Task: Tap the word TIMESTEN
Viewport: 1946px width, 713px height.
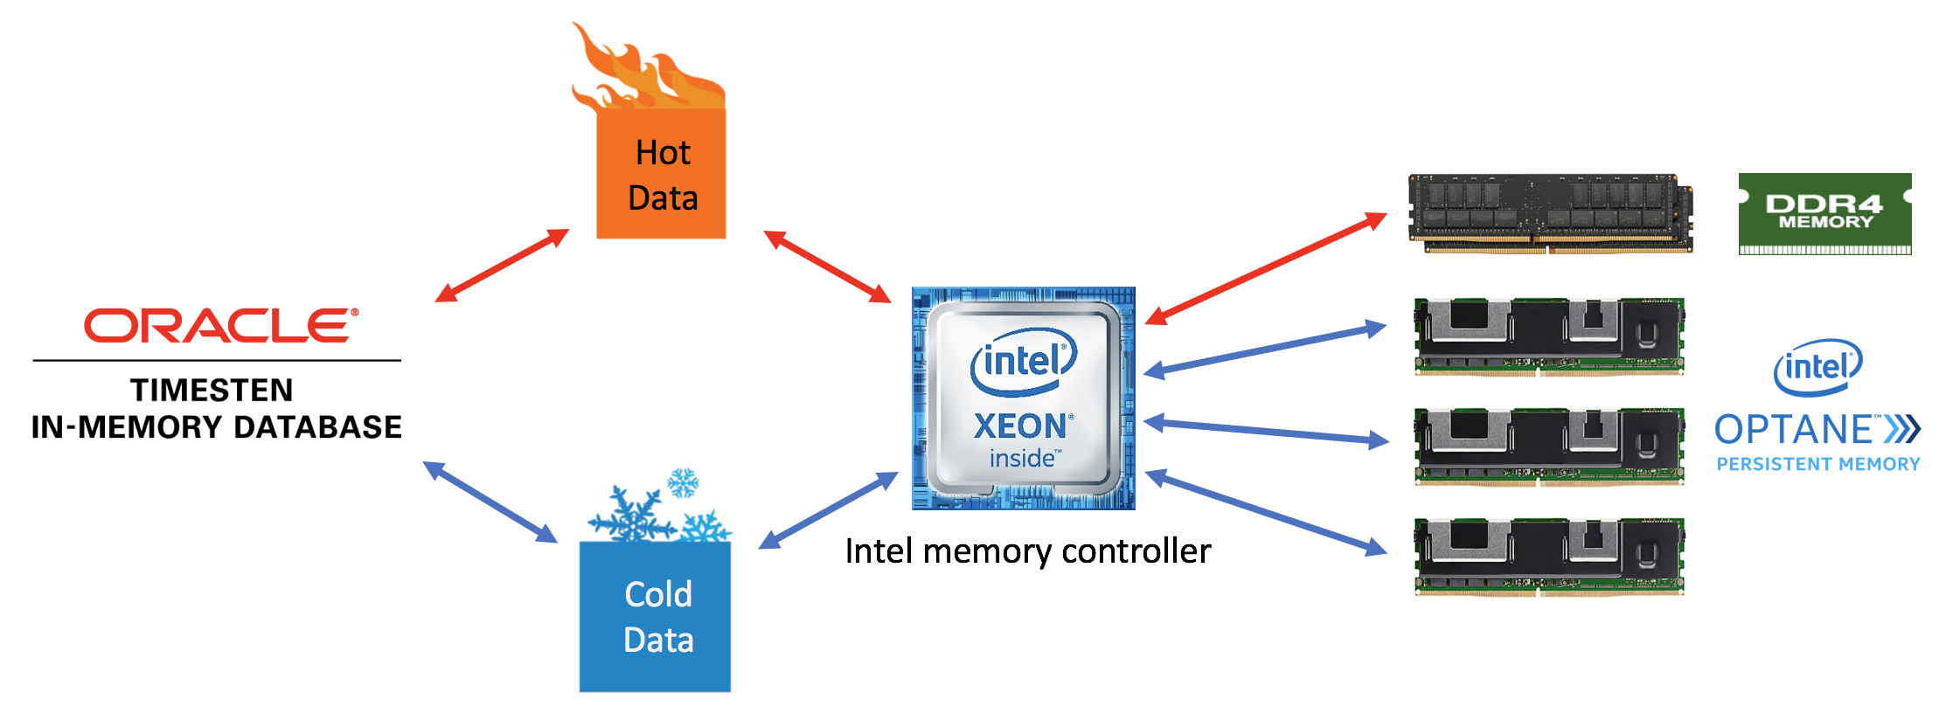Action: (212, 390)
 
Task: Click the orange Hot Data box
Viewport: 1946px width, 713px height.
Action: (661, 175)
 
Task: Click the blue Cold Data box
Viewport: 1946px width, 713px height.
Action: (655, 617)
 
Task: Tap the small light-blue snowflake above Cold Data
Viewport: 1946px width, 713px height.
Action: (683, 482)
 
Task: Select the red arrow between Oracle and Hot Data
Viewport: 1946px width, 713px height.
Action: (502, 266)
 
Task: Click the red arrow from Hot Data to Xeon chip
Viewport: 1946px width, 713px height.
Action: (827, 267)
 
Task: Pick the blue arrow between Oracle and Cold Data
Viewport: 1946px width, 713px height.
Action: (490, 502)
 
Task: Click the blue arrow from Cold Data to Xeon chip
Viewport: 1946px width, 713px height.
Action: (828, 510)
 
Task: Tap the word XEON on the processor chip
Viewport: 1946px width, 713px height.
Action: (1019, 426)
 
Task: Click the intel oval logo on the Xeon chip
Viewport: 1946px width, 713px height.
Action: (1023, 360)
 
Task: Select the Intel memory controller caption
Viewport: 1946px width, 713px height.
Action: (1027, 551)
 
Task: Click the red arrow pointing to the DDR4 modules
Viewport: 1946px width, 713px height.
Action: (1266, 268)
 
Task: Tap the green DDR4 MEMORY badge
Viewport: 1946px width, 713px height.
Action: (1824, 213)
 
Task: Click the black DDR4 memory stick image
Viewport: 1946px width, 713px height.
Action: (1550, 213)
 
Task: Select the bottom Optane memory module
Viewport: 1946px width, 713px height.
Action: (1549, 556)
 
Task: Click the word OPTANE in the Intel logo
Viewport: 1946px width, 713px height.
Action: (1792, 430)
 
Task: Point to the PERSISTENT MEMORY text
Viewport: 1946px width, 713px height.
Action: (1817, 464)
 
